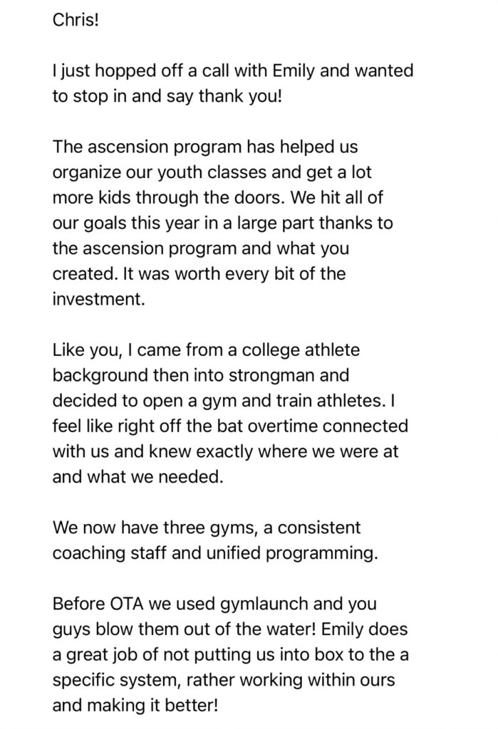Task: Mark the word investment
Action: [x=98, y=299]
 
